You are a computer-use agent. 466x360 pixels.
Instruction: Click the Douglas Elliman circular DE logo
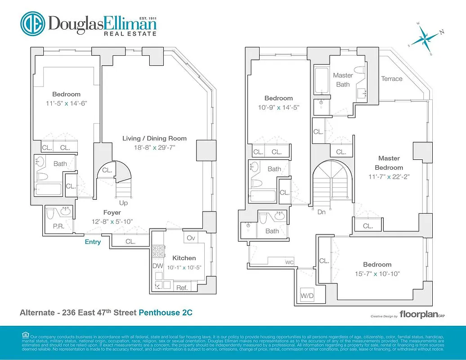tap(32, 23)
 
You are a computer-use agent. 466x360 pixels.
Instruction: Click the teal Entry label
tap(93, 242)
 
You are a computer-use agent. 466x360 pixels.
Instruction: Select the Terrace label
tap(392, 79)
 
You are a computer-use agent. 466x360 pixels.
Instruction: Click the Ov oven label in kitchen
tap(191, 238)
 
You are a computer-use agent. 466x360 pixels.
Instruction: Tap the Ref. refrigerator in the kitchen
tap(182, 288)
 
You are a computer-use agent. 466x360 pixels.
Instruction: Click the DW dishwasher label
tap(157, 266)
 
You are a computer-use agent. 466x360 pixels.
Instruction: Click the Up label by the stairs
tap(123, 203)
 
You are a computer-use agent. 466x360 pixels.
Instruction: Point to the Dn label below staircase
tap(322, 211)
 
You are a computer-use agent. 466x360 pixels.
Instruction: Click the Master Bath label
tap(343, 80)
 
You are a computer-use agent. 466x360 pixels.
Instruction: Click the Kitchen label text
tap(184, 258)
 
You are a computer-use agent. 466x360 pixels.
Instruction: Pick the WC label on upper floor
tap(289, 262)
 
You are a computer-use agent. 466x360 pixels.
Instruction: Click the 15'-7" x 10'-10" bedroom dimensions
tap(377, 273)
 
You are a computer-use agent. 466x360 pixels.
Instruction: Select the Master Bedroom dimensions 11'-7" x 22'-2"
tap(389, 176)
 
